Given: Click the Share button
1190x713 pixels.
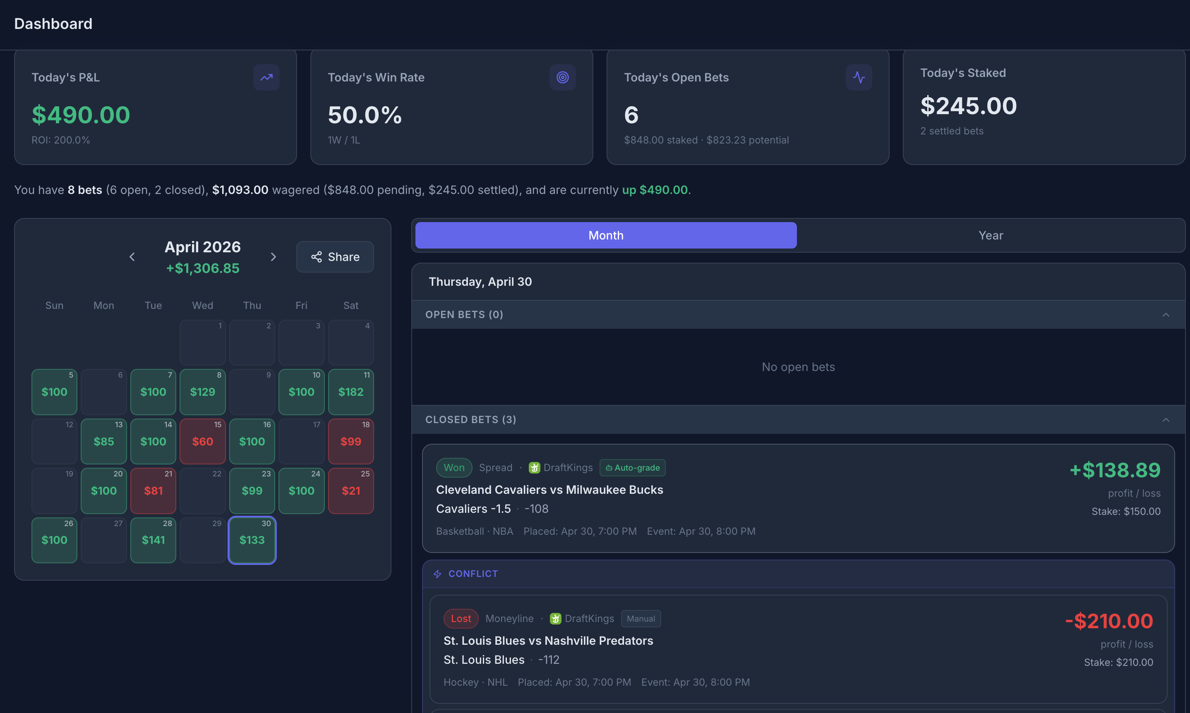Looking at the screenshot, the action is tap(335, 257).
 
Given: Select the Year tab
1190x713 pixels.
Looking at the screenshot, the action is tap(991, 235).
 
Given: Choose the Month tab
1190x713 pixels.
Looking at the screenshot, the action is tap(606, 235).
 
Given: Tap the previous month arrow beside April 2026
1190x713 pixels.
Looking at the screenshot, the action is tap(132, 257).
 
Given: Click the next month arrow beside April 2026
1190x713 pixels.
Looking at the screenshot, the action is tap(274, 257).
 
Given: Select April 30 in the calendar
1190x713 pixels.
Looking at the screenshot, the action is tap(252, 540).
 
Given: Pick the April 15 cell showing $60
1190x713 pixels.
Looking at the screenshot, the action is tap(202, 441).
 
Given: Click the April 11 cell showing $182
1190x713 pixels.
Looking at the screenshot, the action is tap(351, 392).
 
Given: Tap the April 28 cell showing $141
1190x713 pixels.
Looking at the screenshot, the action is tap(153, 540).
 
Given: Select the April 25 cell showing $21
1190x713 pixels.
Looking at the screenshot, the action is tap(351, 490).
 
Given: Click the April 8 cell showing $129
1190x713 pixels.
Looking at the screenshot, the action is tap(202, 392).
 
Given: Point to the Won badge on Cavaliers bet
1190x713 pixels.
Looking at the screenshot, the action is tap(454, 467).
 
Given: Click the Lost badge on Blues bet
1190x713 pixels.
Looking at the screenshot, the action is tap(461, 618).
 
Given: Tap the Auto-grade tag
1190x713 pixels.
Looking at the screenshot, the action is tap(633, 467).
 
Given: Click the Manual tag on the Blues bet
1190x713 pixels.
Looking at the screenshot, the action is tap(641, 618).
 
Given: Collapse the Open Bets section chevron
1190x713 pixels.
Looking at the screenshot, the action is tap(1166, 315).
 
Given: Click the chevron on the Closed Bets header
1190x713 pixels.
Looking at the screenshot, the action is tap(1166, 420).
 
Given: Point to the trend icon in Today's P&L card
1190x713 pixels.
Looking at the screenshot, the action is tap(266, 77).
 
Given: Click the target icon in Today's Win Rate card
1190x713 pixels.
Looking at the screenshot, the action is tap(562, 77).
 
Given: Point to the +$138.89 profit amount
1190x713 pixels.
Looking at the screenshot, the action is tap(1115, 470).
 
